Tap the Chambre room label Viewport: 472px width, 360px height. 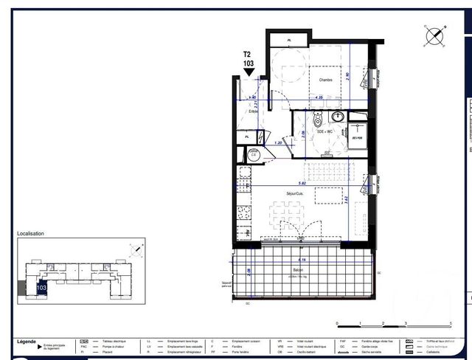pos(325,80)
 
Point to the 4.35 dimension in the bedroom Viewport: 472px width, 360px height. pos(319,97)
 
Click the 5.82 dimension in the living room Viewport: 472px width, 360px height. pos(302,183)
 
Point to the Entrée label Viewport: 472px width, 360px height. pos(253,111)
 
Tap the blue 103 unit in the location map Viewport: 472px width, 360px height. pos(41,288)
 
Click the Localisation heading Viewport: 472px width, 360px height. pos(30,234)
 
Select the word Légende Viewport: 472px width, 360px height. pos(27,341)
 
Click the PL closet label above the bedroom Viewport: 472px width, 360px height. pos(289,40)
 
